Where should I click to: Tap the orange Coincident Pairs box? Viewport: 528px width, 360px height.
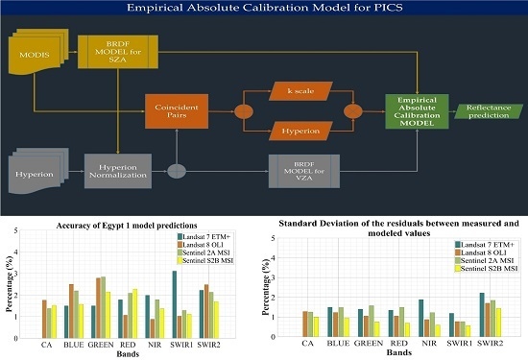[x=176, y=110]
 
